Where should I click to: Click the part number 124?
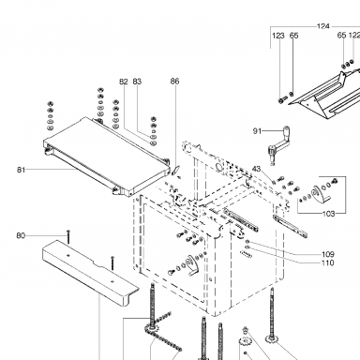click(x=323, y=26)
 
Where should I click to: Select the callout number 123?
click(x=278, y=36)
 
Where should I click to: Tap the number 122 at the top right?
click(x=354, y=36)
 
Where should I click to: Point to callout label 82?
click(x=124, y=82)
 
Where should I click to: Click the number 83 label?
click(x=137, y=82)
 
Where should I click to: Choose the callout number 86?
click(x=175, y=82)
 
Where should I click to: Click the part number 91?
click(x=257, y=131)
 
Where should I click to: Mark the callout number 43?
click(x=256, y=169)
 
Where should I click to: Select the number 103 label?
click(x=328, y=214)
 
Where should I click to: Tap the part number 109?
click(x=328, y=254)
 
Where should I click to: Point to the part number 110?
click(x=328, y=262)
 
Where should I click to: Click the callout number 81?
click(x=21, y=170)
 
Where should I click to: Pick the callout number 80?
click(x=21, y=235)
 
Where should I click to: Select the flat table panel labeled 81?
click(x=106, y=156)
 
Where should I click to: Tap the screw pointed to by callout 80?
click(x=68, y=236)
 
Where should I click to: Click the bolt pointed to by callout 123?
click(x=281, y=100)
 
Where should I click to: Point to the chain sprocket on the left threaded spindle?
click(x=153, y=329)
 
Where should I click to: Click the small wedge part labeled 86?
click(x=176, y=170)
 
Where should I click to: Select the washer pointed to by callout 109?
click(x=247, y=242)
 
